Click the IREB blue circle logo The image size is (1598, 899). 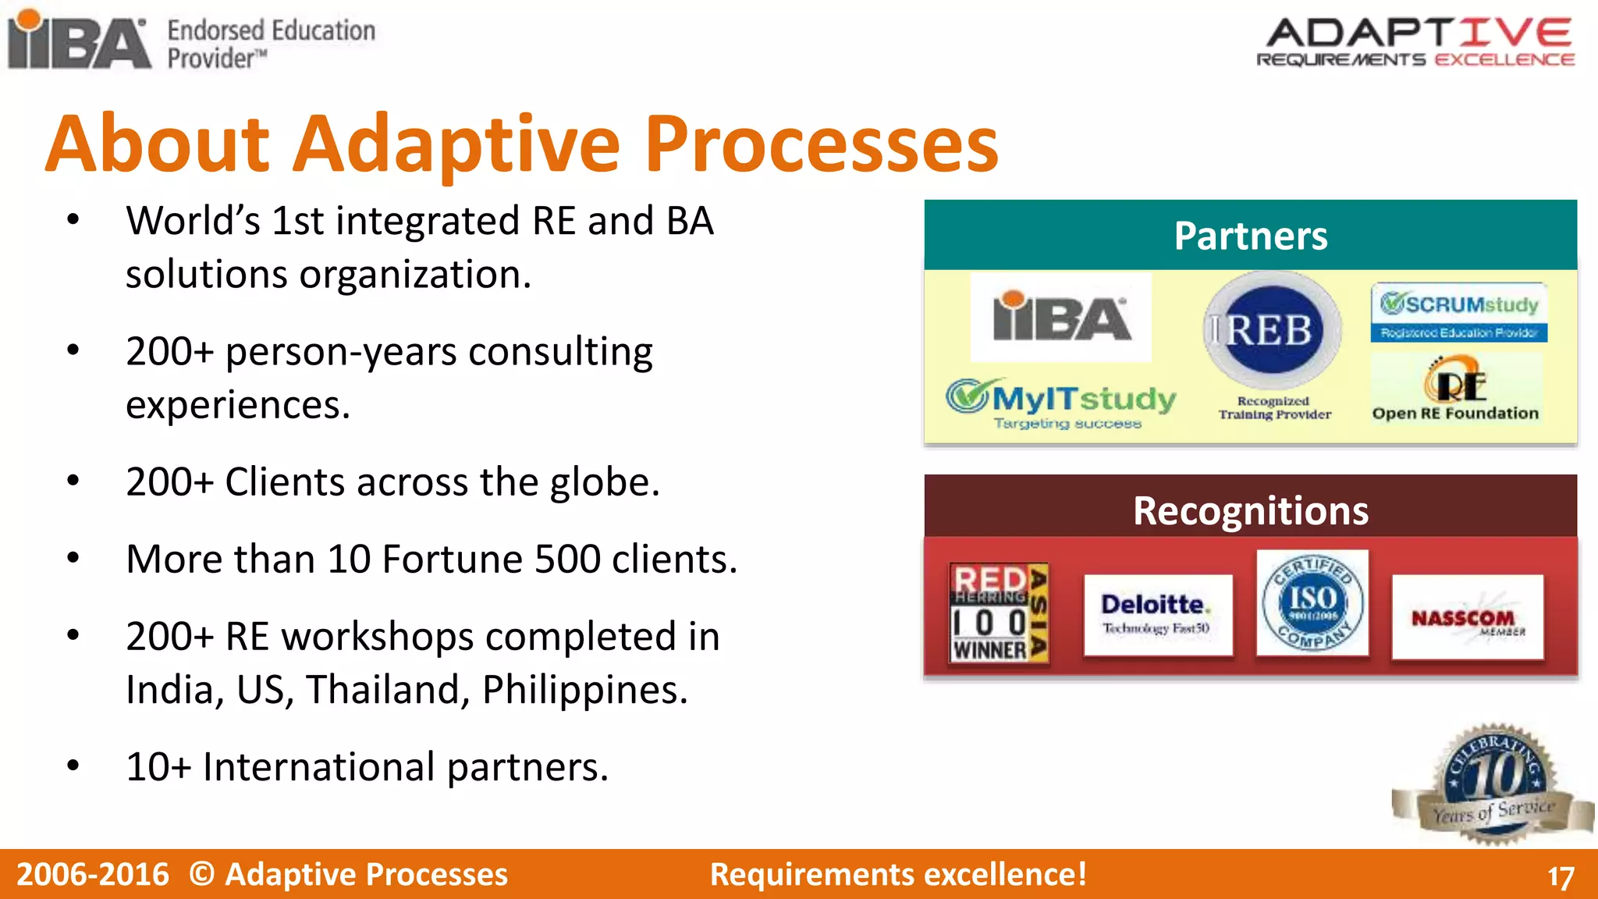(x=1272, y=330)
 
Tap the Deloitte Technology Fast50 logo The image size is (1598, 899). (x=1157, y=615)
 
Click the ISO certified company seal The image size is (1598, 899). (x=1312, y=603)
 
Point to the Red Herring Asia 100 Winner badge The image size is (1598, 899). (x=999, y=613)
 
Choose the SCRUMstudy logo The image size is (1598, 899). (x=1458, y=312)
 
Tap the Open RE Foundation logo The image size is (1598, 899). (x=1455, y=390)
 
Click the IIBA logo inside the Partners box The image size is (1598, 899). (x=1060, y=317)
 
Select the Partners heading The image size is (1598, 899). (x=1250, y=236)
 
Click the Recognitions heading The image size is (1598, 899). (x=1250, y=511)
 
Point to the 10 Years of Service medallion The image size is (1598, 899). (x=1492, y=784)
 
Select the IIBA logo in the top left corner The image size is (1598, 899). (x=78, y=41)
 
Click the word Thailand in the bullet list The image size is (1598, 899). (x=387, y=690)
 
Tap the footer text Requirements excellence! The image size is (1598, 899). (x=898, y=874)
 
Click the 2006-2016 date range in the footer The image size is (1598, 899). (x=92, y=874)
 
